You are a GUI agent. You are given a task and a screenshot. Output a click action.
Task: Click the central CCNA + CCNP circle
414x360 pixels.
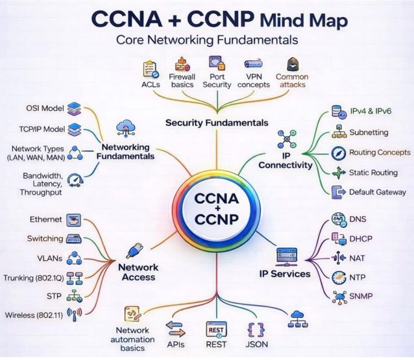[217, 209]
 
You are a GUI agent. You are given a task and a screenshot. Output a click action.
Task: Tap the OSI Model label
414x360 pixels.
[45, 108]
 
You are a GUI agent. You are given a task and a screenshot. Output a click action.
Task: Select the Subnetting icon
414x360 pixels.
[339, 132]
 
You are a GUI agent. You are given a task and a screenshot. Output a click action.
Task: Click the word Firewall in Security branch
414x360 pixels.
[182, 77]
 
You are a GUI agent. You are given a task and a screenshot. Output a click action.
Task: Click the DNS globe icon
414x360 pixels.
[338, 220]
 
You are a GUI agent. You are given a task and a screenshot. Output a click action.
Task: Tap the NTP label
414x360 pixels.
[357, 277]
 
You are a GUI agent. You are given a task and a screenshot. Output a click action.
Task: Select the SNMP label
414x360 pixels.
[361, 296]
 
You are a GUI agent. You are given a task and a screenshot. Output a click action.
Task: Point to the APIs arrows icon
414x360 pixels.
[175, 329]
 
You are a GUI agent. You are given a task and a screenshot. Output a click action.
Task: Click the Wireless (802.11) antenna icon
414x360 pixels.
[74, 314]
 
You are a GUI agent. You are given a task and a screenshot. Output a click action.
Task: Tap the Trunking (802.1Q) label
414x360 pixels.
[33, 278]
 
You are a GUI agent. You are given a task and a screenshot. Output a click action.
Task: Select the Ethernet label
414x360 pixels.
[46, 220]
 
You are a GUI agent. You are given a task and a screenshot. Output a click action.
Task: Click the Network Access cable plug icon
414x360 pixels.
[135, 251]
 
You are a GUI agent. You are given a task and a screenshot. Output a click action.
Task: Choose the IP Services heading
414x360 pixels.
[285, 274]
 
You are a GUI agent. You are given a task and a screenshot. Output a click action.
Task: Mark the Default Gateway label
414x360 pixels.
[377, 192]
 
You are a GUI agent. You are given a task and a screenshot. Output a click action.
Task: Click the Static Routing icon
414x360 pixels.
[338, 172]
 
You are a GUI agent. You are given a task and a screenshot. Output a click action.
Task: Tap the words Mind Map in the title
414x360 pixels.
[303, 20]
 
